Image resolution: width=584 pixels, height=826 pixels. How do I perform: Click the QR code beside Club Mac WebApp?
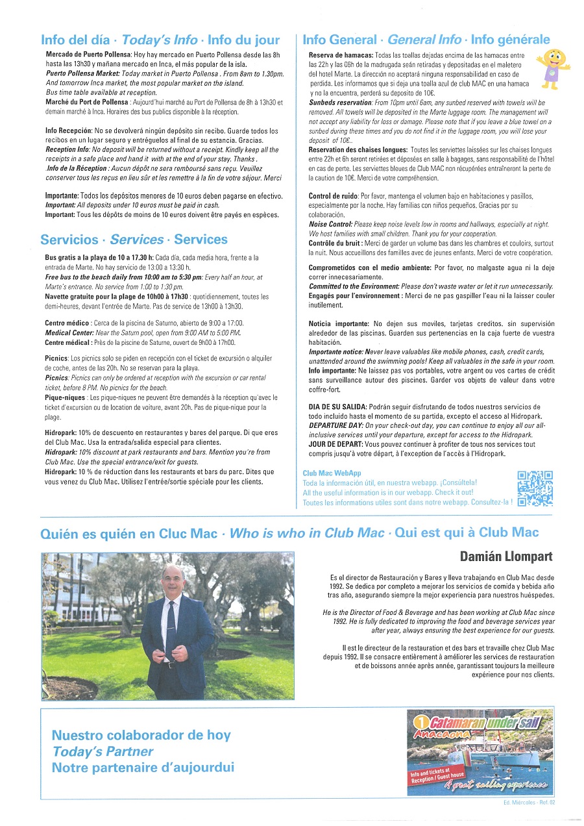[x=535, y=488]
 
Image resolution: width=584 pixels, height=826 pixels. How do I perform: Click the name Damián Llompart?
[x=507, y=556]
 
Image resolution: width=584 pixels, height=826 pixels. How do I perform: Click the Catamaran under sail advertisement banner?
[x=480, y=752]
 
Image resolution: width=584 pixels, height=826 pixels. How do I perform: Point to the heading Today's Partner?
[x=103, y=751]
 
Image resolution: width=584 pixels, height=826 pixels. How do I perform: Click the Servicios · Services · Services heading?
[x=134, y=240]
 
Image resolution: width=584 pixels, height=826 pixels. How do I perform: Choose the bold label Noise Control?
[x=330, y=224]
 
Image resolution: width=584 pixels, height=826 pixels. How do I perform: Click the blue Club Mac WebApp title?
[x=332, y=474]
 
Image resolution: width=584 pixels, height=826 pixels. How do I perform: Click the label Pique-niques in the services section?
[x=65, y=397]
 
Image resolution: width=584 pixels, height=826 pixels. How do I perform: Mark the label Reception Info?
[x=68, y=150]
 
